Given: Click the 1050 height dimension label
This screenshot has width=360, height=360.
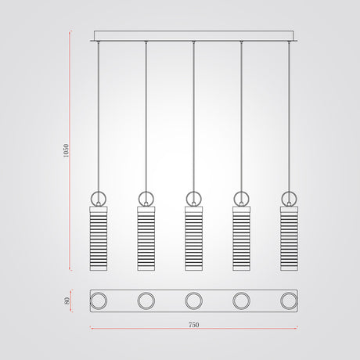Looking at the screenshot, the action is (x=67, y=150).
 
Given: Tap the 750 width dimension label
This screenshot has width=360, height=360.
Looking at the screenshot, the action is (x=193, y=325).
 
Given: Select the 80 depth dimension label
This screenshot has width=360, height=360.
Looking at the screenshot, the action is (x=67, y=301).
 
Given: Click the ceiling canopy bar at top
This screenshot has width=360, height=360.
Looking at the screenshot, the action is (x=193, y=36).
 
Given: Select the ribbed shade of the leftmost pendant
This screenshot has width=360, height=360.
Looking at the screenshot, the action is (x=99, y=239).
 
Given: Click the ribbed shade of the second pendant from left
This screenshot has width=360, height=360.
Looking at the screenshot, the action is (x=146, y=239).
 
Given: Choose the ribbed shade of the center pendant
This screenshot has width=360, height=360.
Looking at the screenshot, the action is (x=193, y=239).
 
